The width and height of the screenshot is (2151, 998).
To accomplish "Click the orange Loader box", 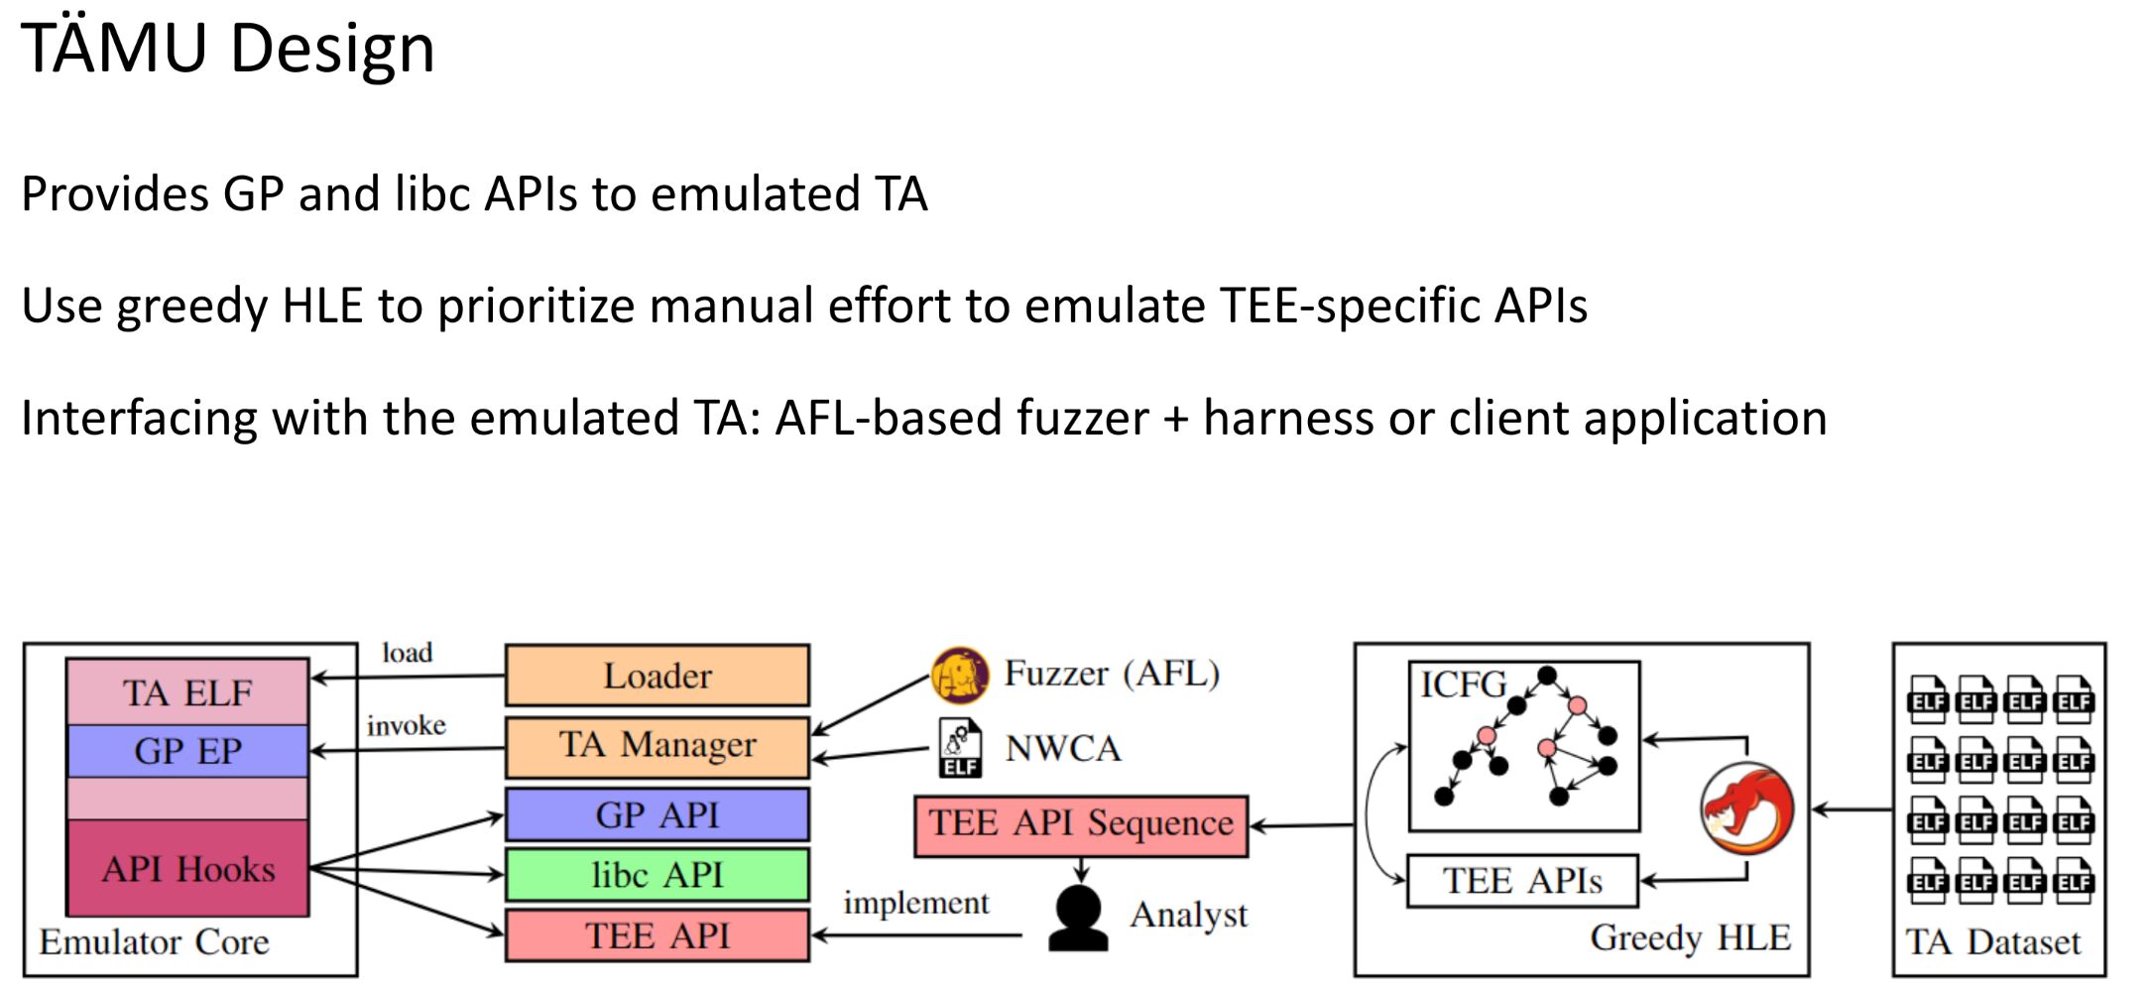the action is point(657,676).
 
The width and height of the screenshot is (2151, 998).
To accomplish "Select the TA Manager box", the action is point(657,746).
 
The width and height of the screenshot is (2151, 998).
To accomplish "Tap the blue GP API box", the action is point(657,814).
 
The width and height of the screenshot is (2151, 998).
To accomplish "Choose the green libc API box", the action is point(657,875).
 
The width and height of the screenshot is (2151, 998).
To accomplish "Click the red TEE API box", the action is point(657,936).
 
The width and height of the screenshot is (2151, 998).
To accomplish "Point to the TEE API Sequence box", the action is point(1081,825).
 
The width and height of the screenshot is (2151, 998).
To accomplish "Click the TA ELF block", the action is point(187,692).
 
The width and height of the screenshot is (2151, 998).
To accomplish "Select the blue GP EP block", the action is point(187,751).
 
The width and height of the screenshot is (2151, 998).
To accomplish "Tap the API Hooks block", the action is point(187,868).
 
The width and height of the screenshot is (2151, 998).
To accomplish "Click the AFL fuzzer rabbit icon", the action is point(959,675).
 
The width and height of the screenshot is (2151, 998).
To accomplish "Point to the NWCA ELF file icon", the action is point(960,748).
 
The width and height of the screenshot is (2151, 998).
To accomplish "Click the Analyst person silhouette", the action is point(1078,918).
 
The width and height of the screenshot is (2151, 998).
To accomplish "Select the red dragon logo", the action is point(1747,809).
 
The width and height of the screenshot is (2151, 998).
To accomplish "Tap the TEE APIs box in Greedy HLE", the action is point(1522,881).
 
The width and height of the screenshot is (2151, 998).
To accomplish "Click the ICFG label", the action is point(1463,685).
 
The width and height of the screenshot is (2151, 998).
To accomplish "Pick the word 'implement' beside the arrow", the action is point(916,903).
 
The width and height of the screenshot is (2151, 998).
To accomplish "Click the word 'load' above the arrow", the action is point(408,653).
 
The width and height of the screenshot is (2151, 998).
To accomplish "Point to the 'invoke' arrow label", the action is point(407,726).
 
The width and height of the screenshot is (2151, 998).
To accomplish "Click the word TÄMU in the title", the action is point(114,48).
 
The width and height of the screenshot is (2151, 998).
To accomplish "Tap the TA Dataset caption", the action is point(1993,941).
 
